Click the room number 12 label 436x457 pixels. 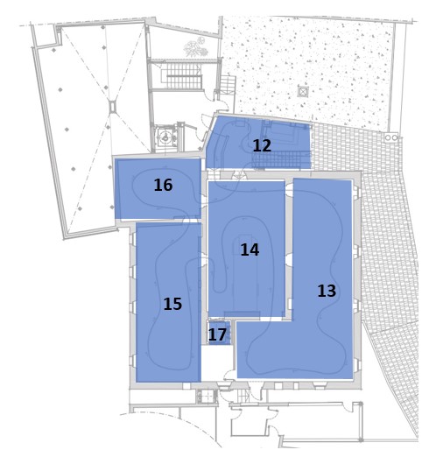(x=262, y=145)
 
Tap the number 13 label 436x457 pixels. (x=327, y=291)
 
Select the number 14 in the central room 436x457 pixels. (x=250, y=250)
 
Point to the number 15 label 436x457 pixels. (x=172, y=304)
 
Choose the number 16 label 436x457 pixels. (x=163, y=185)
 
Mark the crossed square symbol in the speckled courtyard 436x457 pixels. (x=303, y=91)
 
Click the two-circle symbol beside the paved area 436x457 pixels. (x=391, y=137)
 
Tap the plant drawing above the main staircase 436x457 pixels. (x=196, y=47)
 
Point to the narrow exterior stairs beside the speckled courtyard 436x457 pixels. (x=228, y=85)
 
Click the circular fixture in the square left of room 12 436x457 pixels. (x=165, y=137)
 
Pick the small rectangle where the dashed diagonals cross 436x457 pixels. (x=112, y=106)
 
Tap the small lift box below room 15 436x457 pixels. (x=207, y=397)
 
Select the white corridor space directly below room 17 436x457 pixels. (x=217, y=362)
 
